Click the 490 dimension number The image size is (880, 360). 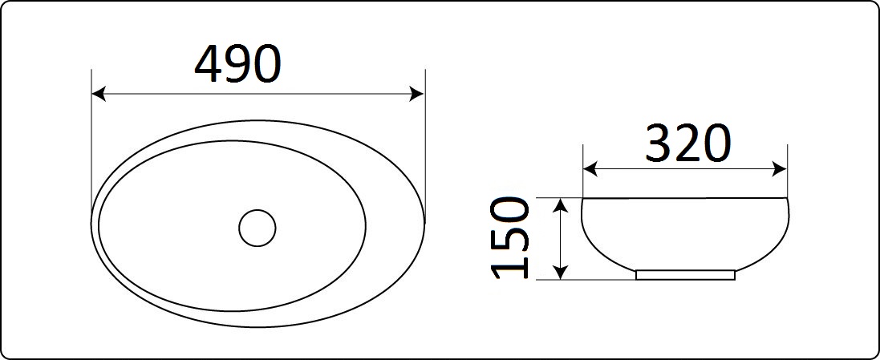click(237, 64)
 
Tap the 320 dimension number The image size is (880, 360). click(688, 144)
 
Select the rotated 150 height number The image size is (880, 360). click(510, 238)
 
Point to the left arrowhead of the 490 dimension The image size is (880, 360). click(98, 94)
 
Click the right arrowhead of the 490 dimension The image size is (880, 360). click(418, 94)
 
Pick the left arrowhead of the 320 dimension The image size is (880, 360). click(590, 168)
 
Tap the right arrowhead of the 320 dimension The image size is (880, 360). click(780, 168)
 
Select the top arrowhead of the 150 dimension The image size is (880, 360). click(560, 205)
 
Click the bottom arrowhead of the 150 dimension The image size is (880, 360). click(560, 272)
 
